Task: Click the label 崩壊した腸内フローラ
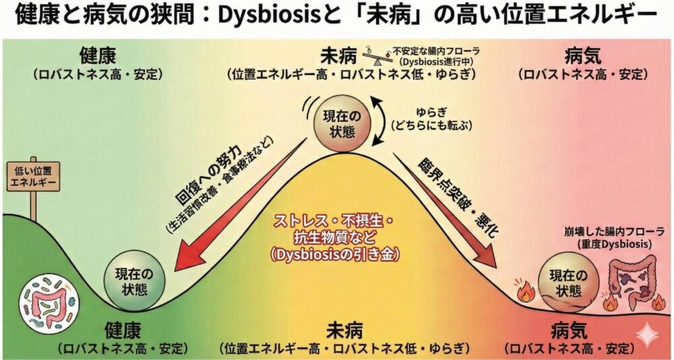pos(610,231)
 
